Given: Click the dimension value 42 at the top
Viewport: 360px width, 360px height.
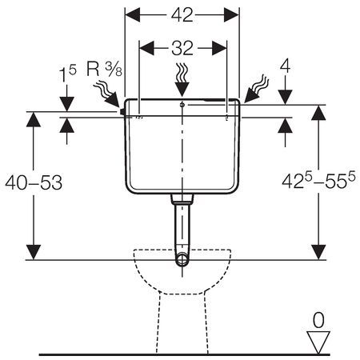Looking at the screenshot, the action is point(182,15).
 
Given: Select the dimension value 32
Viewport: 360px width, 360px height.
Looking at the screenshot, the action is point(182,48).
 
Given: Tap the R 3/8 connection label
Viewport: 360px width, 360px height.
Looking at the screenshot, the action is point(104,69).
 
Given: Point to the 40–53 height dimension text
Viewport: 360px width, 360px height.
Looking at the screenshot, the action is point(34,182).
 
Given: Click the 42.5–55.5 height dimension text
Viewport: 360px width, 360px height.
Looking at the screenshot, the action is point(318,181).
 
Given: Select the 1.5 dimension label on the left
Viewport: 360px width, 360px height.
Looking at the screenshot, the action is point(67,74).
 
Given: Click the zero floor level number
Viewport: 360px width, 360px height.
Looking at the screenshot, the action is point(318,320).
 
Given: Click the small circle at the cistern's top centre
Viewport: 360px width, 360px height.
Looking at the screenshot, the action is point(182,105).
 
